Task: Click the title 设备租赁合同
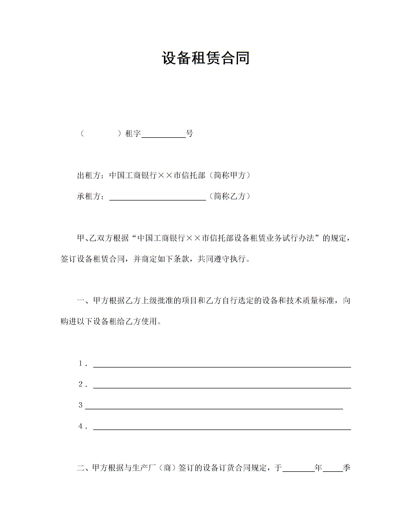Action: (205, 58)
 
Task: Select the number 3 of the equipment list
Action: (81, 405)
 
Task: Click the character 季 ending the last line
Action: (347, 468)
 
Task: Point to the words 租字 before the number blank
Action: (133, 134)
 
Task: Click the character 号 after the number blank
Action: (189, 134)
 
